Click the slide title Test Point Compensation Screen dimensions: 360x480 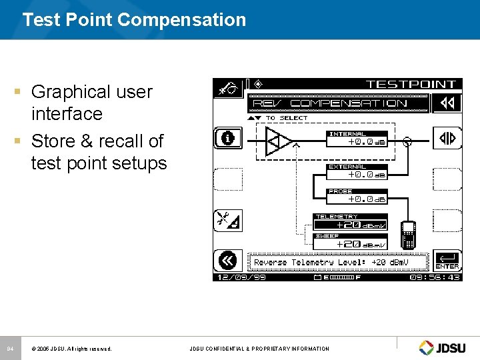[x=134, y=20]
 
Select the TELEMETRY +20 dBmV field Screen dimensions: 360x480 [x=351, y=223]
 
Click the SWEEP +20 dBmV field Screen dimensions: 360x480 [x=351, y=242]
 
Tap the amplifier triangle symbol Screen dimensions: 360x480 [x=278, y=141]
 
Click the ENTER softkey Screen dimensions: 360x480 [x=447, y=261]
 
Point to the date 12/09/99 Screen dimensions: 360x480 [x=241, y=277]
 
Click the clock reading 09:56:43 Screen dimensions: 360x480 [x=435, y=277]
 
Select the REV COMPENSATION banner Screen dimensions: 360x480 [x=338, y=103]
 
